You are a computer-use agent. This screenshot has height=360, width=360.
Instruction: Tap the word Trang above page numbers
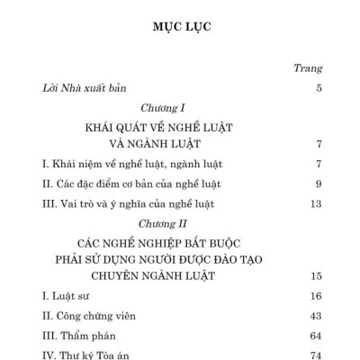click(309, 68)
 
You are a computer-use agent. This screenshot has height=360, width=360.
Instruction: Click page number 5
click(319, 88)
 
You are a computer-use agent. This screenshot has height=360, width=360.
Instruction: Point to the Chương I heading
click(180, 107)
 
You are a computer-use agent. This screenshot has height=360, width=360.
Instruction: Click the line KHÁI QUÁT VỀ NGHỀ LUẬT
click(180, 127)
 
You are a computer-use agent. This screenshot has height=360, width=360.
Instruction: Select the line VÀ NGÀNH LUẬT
click(180, 144)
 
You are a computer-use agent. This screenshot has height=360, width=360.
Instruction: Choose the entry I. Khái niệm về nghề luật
click(120, 164)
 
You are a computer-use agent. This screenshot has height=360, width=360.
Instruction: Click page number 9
click(319, 184)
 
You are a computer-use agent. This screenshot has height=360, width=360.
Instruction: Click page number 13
click(315, 204)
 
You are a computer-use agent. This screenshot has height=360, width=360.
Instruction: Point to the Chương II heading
click(180, 224)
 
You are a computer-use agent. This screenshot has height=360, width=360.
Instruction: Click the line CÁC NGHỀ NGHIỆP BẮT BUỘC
click(180, 243)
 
